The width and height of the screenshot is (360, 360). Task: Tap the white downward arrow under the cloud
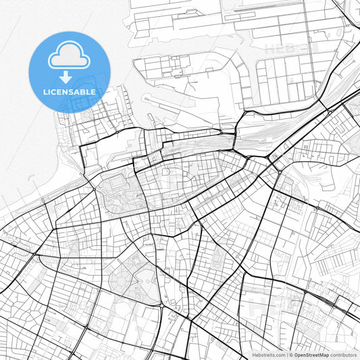tap(65, 78)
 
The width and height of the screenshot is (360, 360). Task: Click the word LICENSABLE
tap(70, 92)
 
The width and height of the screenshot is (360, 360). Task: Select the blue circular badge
tap(70, 72)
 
